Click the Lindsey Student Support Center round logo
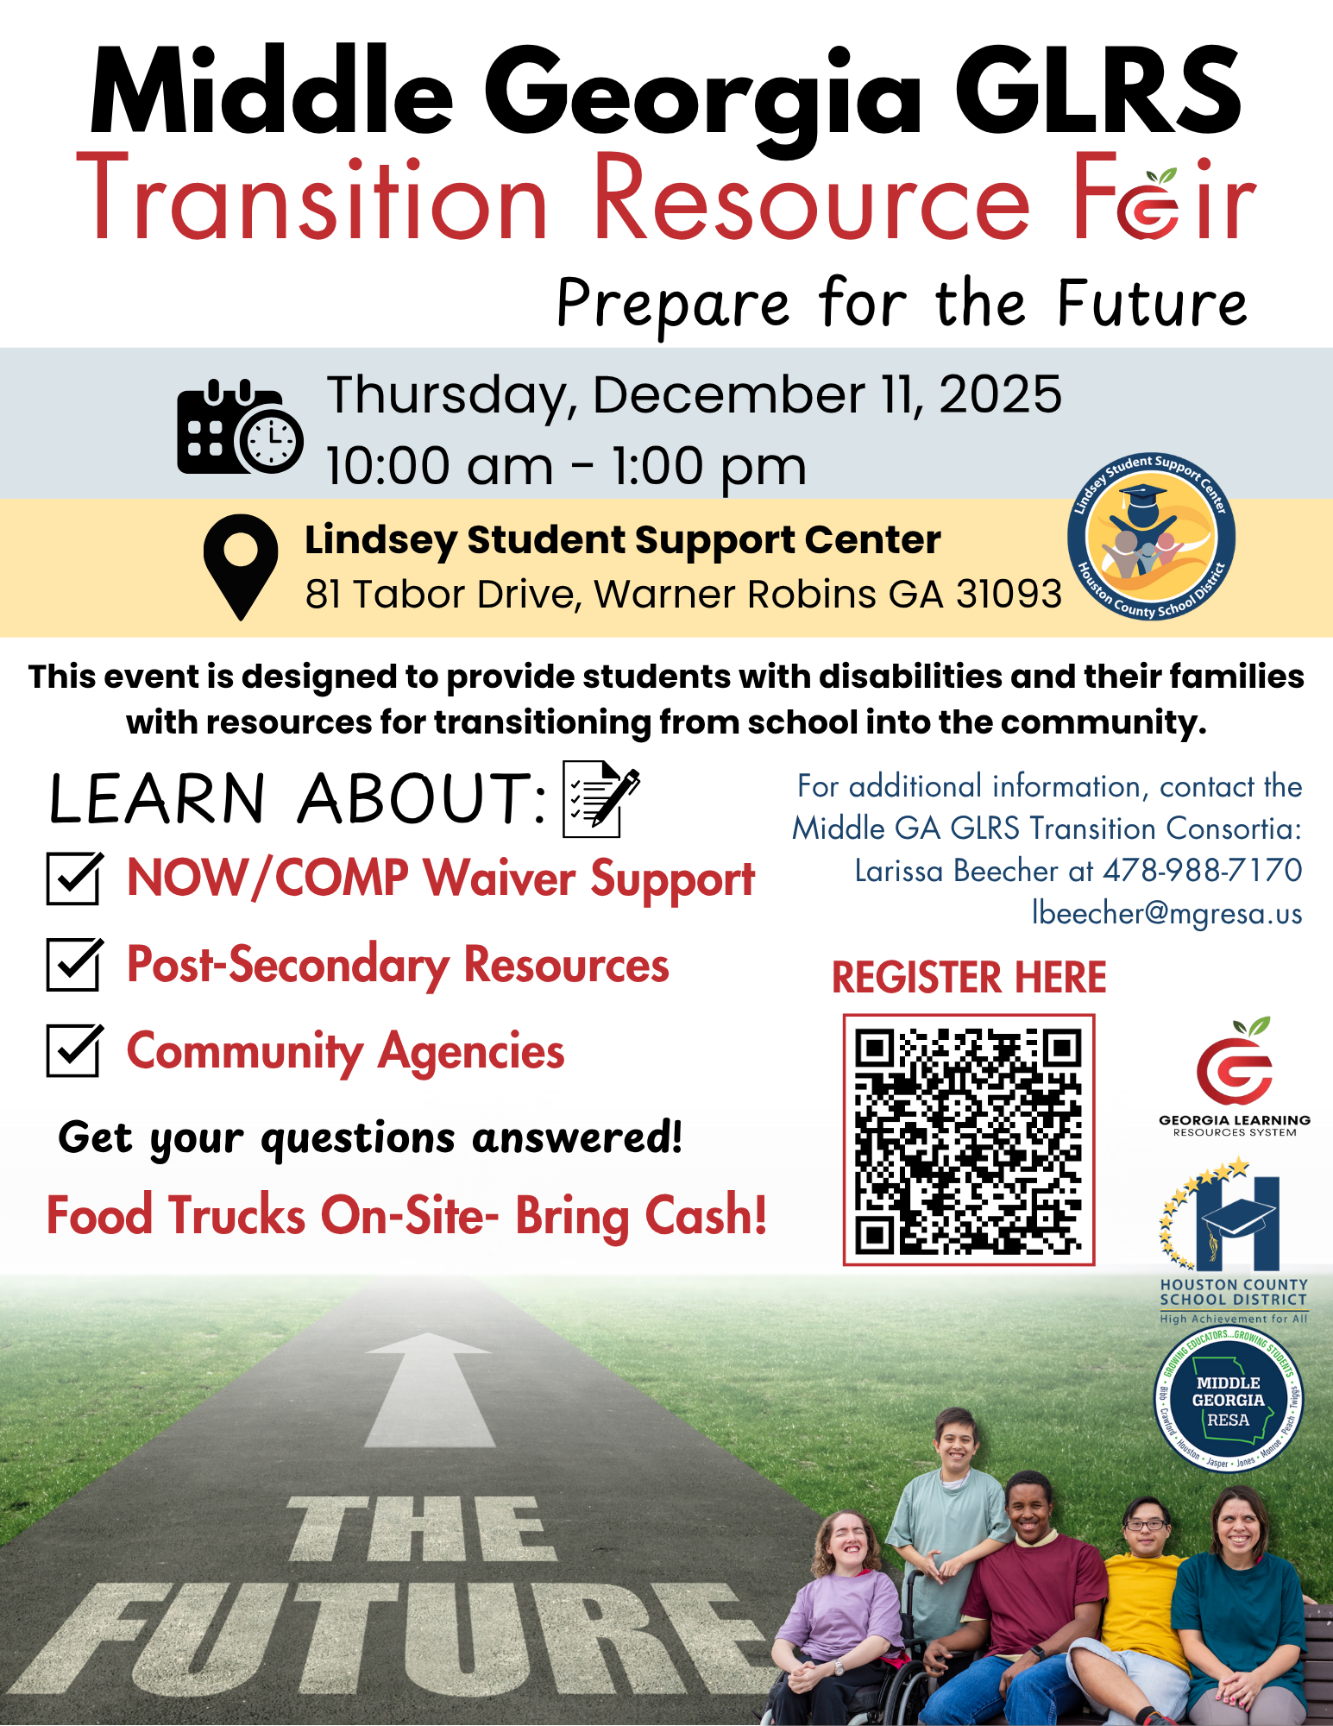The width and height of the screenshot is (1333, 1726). [x=1151, y=537]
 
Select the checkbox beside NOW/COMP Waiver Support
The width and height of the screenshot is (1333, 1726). [x=74, y=879]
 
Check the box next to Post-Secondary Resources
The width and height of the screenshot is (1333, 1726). [x=74, y=965]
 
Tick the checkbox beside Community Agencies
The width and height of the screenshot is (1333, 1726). [x=74, y=1050]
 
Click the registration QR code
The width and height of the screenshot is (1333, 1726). [x=968, y=1140]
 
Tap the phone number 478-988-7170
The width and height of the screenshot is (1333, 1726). [x=1203, y=870]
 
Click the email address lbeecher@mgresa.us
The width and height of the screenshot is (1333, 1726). [x=1166, y=913]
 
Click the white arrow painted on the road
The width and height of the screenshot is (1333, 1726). [x=429, y=1389]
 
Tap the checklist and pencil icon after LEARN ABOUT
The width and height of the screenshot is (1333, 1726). [x=600, y=797]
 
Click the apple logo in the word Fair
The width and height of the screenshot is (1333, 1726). [x=1149, y=204]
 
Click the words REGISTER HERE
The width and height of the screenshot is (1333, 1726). [x=968, y=977]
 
